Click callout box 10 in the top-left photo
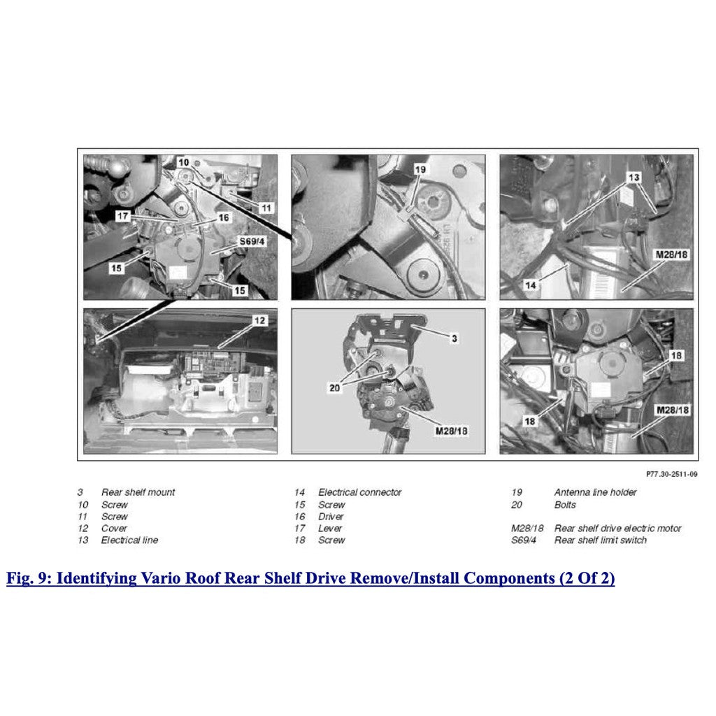pyautogui.click(x=183, y=162)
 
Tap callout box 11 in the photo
pyautogui.click(x=266, y=208)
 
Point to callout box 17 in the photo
pyautogui.click(x=124, y=217)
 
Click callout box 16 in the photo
pyautogui.click(x=223, y=218)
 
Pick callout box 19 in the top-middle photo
pyautogui.click(x=420, y=169)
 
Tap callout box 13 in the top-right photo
pyautogui.click(x=633, y=178)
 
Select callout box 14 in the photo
pyautogui.click(x=531, y=285)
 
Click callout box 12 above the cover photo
pyautogui.click(x=259, y=321)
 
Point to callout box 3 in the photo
pyautogui.click(x=454, y=338)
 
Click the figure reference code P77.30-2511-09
pyautogui.click(x=671, y=473)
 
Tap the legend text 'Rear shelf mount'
pyautogui.click(x=138, y=492)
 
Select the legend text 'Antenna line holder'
pyautogui.click(x=595, y=492)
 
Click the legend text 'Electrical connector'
pyautogui.click(x=359, y=492)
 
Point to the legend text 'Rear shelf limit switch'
pyautogui.click(x=600, y=540)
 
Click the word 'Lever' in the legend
pyautogui.click(x=330, y=528)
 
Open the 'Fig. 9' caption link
pyautogui.click(x=310, y=579)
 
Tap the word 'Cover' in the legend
pyautogui.click(x=115, y=528)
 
